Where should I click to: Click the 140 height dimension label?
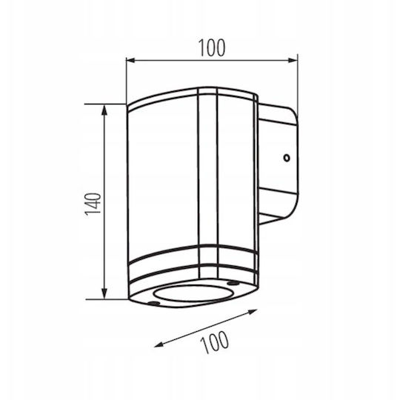click(x=93, y=204)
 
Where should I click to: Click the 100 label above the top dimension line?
click(x=212, y=47)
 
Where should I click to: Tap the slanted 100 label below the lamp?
click(x=215, y=342)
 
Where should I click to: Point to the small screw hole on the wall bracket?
click(x=287, y=159)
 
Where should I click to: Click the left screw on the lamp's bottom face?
click(x=153, y=303)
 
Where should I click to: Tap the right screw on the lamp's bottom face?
click(x=233, y=283)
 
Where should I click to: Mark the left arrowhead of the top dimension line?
click(x=130, y=60)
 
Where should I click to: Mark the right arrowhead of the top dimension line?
click(x=293, y=60)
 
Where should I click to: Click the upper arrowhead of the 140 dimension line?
click(x=104, y=109)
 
